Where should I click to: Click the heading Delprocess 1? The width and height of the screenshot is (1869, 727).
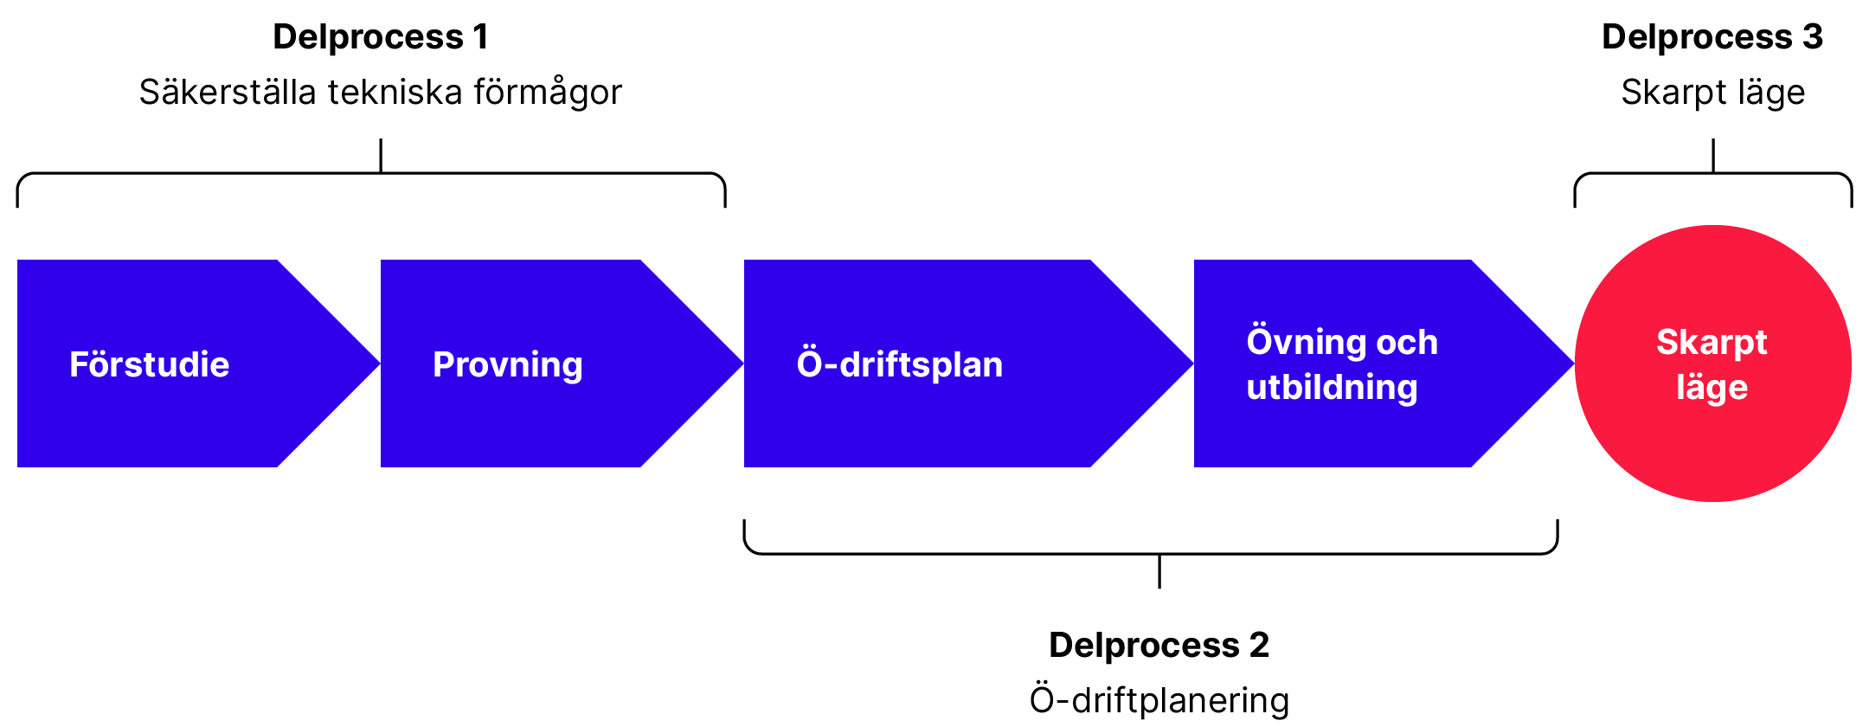pos(381,37)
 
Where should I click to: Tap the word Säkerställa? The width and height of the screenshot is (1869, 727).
pos(228,93)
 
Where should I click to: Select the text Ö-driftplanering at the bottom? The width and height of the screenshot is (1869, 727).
pos(1159,700)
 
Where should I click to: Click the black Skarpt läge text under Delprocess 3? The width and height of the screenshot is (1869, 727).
pos(1712,93)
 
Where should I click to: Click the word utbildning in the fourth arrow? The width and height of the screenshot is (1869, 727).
pos(1332,388)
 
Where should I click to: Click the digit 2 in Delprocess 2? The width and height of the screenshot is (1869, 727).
pos(1259,646)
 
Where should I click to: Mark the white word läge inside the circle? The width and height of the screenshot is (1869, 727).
pos(1712,388)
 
